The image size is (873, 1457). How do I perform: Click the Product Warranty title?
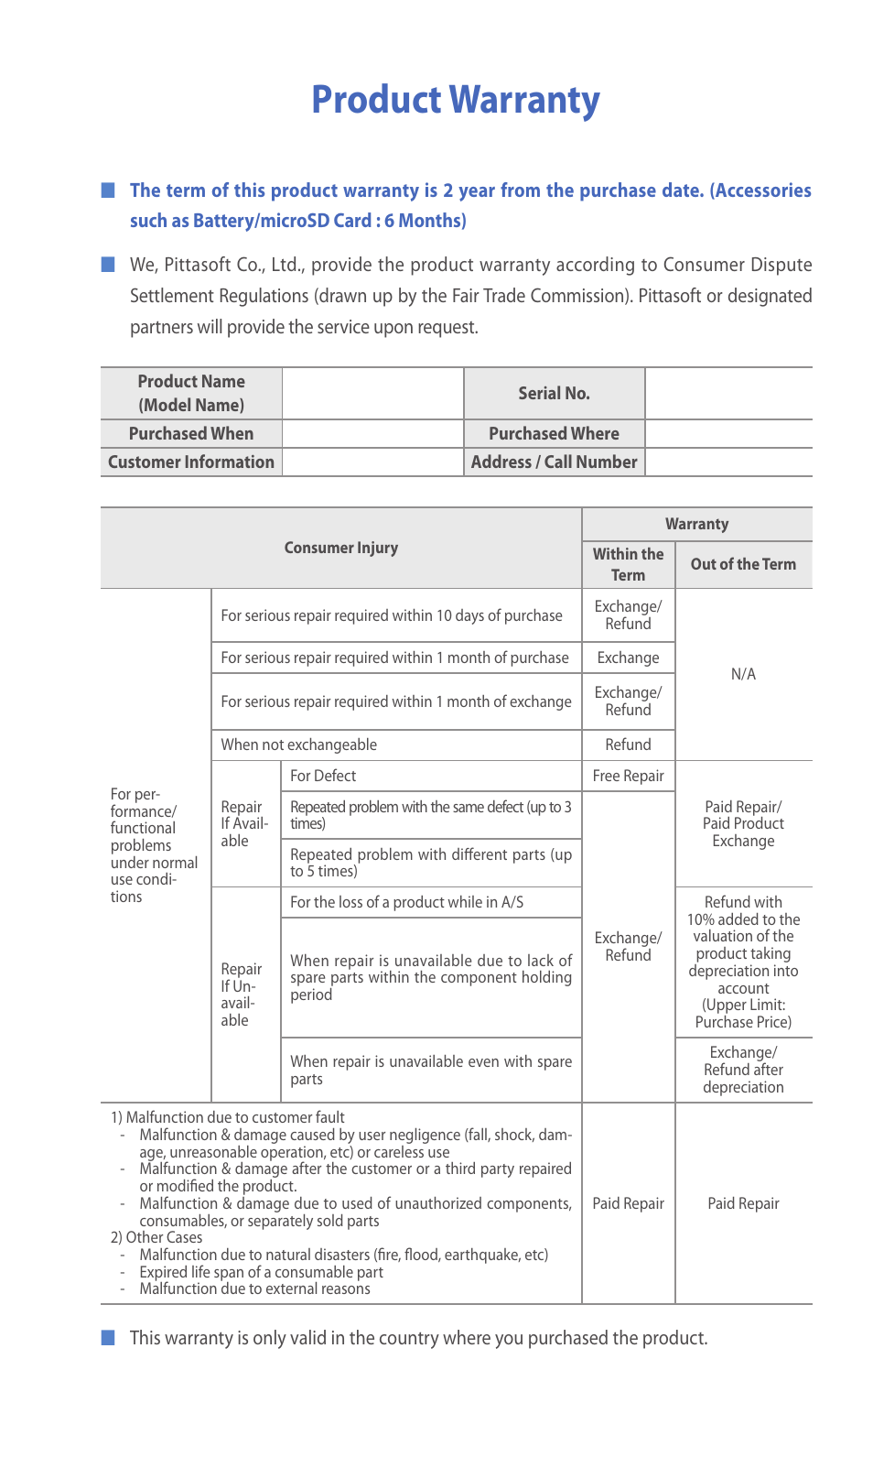(x=455, y=100)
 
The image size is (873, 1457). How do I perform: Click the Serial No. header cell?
(x=554, y=393)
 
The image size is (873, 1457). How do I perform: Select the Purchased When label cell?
(x=191, y=433)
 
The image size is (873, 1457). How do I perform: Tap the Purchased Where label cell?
(x=554, y=433)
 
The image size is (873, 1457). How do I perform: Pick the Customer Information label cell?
(x=191, y=462)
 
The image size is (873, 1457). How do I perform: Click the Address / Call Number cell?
(x=554, y=462)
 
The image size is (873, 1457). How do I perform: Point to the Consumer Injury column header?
(x=340, y=548)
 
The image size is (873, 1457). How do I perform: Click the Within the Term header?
(x=628, y=564)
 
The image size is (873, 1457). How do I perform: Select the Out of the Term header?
(x=743, y=564)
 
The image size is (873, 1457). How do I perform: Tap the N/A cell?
(x=743, y=674)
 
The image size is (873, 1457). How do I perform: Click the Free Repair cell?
(x=628, y=776)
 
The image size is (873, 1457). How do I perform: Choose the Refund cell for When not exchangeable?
(x=628, y=745)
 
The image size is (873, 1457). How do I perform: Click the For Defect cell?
(x=323, y=776)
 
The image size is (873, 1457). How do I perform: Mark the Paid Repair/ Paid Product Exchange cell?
(x=743, y=823)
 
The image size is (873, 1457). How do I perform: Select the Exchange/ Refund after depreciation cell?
(x=743, y=1070)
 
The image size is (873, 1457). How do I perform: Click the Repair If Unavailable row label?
(x=241, y=995)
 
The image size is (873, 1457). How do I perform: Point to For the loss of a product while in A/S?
(x=406, y=902)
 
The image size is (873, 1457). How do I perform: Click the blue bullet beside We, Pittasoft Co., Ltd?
(x=108, y=265)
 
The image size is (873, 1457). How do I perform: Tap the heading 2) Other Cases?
(x=156, y=1237)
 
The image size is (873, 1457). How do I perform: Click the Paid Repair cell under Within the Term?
(x=628, y=1203)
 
